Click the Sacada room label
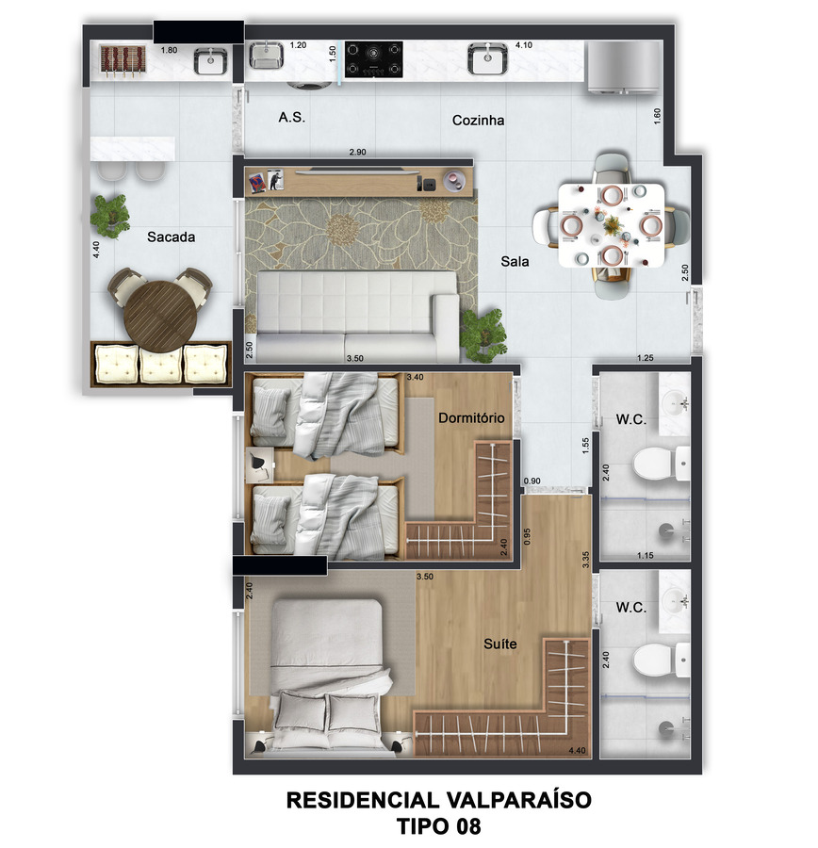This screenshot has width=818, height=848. click(x=171, y=236)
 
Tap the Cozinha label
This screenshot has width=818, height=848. click(x=478, y=120)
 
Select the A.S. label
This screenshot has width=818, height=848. click(x=291, y=118)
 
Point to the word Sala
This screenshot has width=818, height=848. click(x=515, y=262)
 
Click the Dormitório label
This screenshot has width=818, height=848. click(x=471, y=418)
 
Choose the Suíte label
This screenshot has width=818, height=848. click(x=499, y=644)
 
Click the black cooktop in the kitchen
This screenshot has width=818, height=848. click(x=374, y=59)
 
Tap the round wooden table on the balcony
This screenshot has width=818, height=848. click(x=160, y=316)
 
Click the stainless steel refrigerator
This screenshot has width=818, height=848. click(x=624, y=66)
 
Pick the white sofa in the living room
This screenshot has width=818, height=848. click(x=357, y=317)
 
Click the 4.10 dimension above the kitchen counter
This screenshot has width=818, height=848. click(x=524, y=45)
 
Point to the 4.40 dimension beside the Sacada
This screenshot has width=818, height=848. click(x=96, y=250)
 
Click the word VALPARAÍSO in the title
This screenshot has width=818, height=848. click(x=519, y=800)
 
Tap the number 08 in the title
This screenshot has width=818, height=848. click(x=468, y=826)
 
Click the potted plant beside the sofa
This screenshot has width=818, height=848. click(x=483, y=334)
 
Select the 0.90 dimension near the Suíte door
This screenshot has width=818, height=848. click(x=532, y=481)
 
